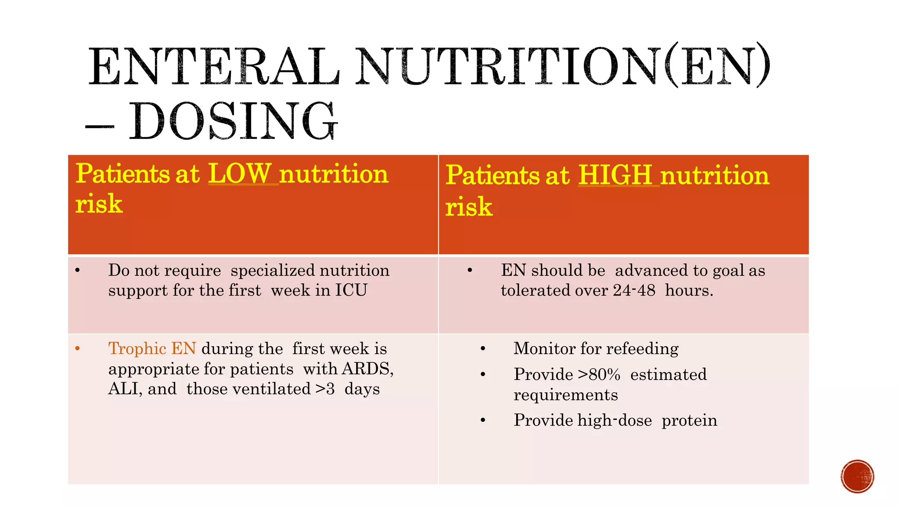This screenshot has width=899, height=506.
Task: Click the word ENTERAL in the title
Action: [214, 67]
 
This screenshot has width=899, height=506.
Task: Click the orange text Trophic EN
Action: [152, 349]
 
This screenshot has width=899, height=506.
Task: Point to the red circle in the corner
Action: [857, 477]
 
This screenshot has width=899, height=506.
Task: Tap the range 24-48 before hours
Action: [634, 291]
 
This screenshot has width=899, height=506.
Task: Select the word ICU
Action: [351, 291]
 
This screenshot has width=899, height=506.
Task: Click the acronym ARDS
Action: [367, 369]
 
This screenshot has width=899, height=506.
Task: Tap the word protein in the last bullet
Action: [689, 420]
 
